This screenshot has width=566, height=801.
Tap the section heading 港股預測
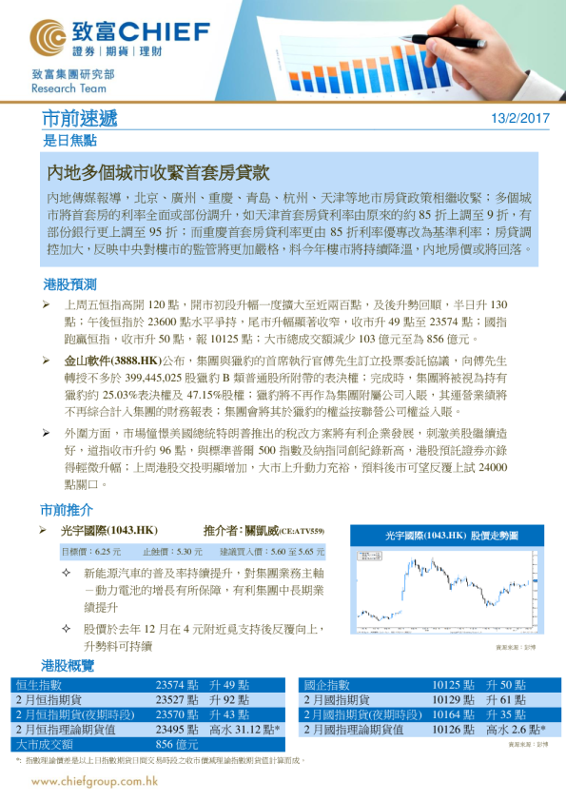click(x=69, y=284)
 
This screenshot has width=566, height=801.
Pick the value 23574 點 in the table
click(x=177, y=685)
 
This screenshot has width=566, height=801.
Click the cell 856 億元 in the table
click(x=176, y=744)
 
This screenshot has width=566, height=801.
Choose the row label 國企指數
click(x=327, y=685)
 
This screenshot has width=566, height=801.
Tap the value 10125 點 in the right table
click(x=454, y=685)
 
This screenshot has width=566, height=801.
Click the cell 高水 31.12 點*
click(x=244, y=730)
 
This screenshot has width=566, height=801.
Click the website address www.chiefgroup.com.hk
click(x=94, y=781)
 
